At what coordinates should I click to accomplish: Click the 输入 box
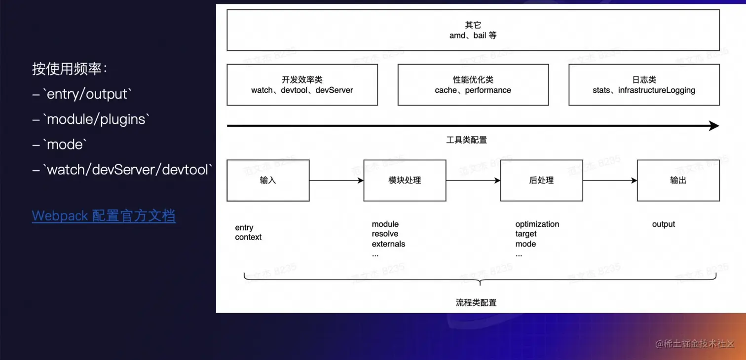point(268,180)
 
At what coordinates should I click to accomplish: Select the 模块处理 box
point(405,180)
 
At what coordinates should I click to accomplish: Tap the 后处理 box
point(541,180)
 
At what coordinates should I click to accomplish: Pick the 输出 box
point(678,180)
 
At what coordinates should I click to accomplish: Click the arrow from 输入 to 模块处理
point(336,180)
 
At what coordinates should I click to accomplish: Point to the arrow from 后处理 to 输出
point(610,180)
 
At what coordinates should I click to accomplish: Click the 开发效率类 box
point(302,85)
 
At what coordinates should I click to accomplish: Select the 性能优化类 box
point(473,85)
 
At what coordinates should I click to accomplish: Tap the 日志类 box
point(644,85)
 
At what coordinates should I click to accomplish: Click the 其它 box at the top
point(473,30)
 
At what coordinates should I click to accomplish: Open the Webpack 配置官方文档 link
point(104,216)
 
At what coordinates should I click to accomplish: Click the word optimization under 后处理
point(537,224)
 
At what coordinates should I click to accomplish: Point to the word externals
point(388,244)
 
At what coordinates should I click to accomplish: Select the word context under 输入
point(248,237)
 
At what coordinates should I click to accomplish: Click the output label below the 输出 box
point(663,224)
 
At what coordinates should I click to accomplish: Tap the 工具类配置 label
point(466,140)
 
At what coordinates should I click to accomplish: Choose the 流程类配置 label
point(476,302)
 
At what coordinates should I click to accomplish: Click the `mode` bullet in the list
point(64,145)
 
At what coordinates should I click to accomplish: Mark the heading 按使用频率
point(70,69)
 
